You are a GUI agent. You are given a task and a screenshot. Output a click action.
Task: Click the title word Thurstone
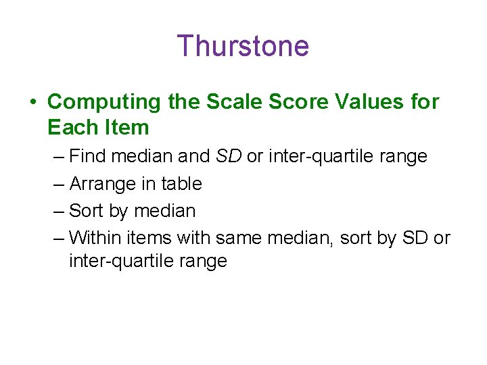(243, 46)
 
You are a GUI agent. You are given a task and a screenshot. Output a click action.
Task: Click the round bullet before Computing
(32, 103)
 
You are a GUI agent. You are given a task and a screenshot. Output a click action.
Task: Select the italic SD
(229, 156)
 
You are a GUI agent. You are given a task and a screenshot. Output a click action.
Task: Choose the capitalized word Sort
(87, 210)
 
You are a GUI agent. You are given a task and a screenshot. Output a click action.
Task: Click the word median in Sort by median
(165, 210)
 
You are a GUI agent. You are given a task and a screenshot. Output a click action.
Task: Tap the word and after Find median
(194, 156)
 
